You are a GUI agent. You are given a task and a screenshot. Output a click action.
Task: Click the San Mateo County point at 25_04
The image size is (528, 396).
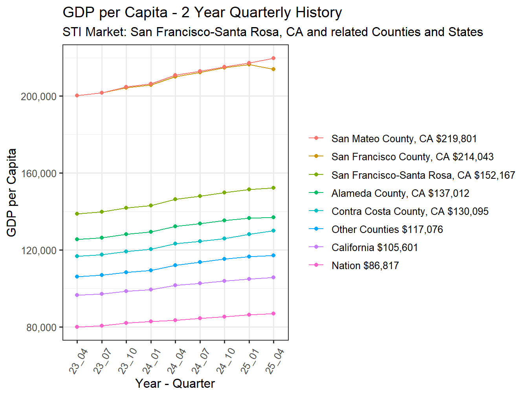[x=273, y=59]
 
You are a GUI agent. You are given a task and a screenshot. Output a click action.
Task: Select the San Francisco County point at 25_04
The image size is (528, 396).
[x=273, y=69]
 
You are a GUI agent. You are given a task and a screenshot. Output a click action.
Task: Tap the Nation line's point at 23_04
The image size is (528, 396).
[x=77, y=327]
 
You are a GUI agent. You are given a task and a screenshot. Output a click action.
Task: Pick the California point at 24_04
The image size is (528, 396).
[x=175, y=285]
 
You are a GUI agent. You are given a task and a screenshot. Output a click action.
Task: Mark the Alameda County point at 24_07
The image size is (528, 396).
[x=200, y=224]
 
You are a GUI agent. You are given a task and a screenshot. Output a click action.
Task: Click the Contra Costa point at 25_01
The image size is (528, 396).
[x=249, y=234]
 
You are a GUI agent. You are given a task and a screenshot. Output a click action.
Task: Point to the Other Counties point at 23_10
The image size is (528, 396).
[x=126, y=272]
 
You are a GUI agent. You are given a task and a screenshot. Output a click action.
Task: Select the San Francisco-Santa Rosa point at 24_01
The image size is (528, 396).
[x=151, y=205]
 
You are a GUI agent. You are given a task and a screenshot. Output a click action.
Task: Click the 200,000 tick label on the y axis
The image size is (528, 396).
[x=38, y=97]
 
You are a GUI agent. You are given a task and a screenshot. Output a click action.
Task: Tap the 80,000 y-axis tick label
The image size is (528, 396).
[x=41, y=328]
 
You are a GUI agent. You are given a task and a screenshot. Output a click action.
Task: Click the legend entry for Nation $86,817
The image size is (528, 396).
[x=365, y=266]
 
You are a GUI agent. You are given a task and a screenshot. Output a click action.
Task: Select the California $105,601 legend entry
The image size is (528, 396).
[x=374, y=248]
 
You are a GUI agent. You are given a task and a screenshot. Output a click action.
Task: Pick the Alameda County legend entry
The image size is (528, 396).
[x=400, y=194]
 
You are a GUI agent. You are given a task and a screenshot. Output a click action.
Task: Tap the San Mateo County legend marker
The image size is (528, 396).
[x=316, y=139]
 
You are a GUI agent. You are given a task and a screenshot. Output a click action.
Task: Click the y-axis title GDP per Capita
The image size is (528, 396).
[x=12, y=192]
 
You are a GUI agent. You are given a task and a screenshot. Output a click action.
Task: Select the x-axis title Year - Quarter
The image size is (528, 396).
[x=175, y=384]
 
